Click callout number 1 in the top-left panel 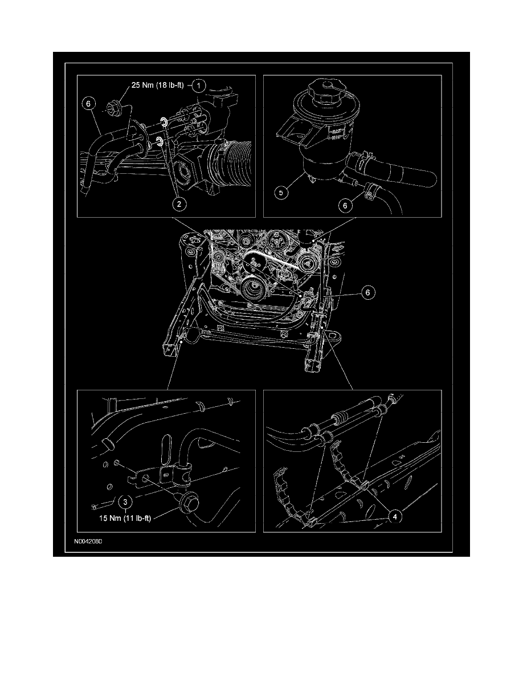[198, 85]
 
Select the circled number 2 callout [179, 204]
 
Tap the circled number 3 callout [125, 502]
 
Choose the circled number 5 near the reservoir [281, 193]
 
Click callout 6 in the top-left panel [88, 104]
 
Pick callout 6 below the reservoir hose [345, 206]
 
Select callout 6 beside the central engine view [367, 293]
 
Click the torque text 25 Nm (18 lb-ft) [157, 85]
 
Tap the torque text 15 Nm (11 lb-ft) [125, 519]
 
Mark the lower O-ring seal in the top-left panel [160, 142]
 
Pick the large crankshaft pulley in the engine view [252, 289]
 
